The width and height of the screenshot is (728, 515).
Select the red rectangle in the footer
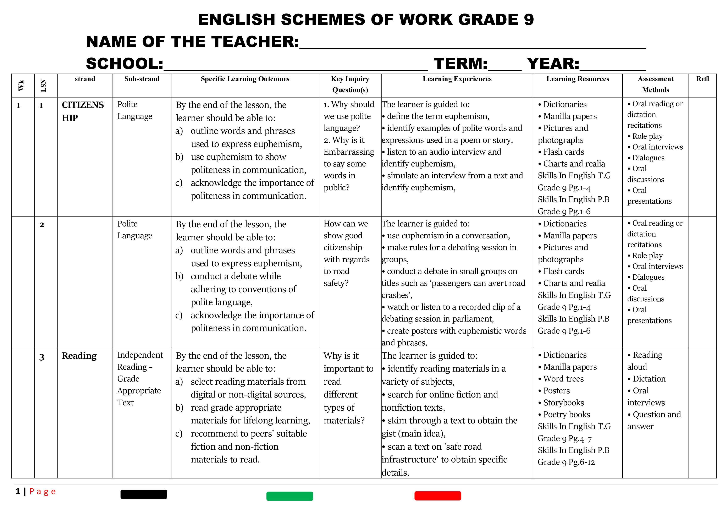point(437,496)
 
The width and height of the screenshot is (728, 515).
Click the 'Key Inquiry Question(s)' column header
point(350,84)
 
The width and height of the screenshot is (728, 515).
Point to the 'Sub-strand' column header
point(142,79)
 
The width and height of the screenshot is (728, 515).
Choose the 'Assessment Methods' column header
point(655,84)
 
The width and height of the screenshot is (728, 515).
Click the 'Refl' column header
point(702,79)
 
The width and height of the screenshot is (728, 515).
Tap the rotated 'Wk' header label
point(21,86)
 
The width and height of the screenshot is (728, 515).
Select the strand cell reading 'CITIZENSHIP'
point(83,111)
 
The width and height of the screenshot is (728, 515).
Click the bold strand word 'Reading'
point(79,356)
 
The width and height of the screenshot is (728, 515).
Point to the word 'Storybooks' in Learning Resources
point(563,402)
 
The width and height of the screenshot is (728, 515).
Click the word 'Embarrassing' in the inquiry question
point(349,152)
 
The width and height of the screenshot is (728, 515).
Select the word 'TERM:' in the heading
point(460,64)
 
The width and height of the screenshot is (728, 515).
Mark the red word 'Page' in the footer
point(43,492)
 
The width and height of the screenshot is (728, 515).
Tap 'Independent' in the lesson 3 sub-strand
point(140,355)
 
